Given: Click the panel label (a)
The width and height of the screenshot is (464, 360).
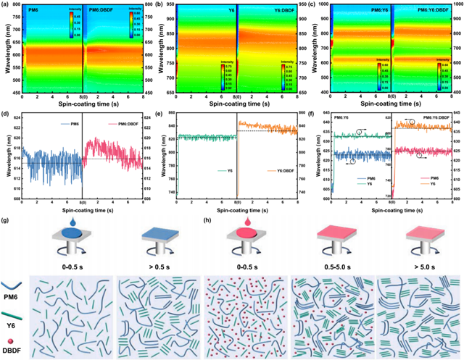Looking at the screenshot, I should [6, 5].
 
